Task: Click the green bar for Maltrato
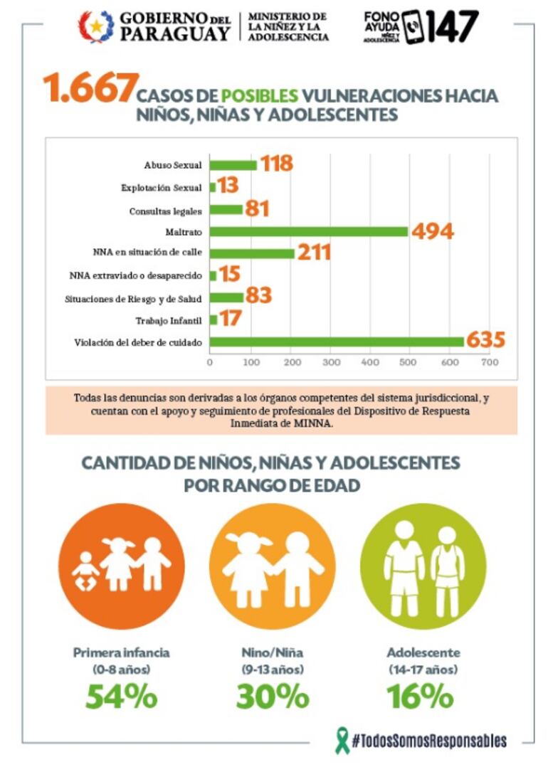(309, 231)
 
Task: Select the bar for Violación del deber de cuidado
(337, 342)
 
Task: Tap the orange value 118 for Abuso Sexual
(276, 164)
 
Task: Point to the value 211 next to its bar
(314, 253)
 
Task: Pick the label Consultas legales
(166, 211)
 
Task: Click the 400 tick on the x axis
(369, 362)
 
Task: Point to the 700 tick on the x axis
(489, 362)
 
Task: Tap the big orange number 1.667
(88, 89)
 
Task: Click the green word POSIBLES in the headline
(259, 96)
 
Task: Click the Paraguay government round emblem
(95, 26)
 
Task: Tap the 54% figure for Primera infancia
(121, 697)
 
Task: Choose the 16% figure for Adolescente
(420, 697)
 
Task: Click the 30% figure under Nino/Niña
(272, 697)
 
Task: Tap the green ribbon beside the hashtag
(342, 740)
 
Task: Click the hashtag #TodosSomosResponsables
(430, 741)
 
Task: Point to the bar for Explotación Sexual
(213, 187)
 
